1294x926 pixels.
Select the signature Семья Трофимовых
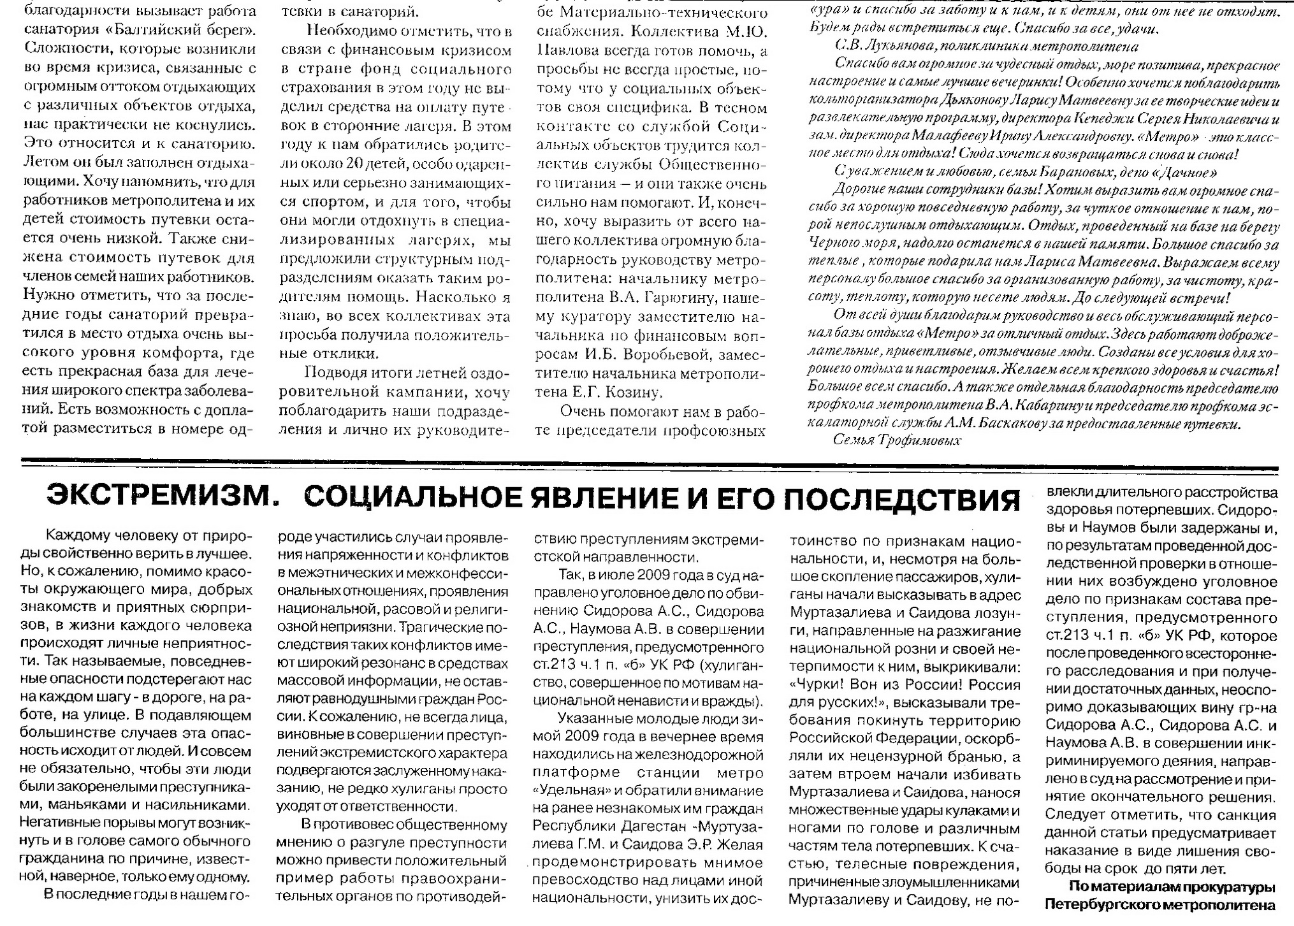(x=896, y=440)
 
